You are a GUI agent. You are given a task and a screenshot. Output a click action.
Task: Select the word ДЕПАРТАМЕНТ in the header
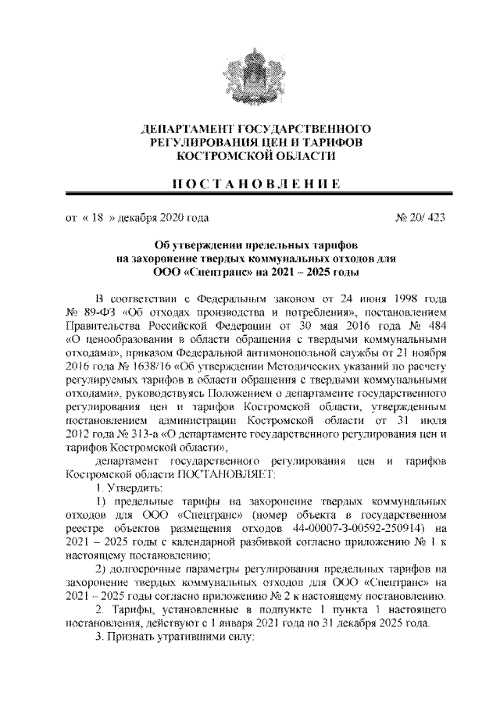(x=185, y=128)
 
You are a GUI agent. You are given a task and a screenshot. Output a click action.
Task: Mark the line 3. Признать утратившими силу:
(x=170, y=637)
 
